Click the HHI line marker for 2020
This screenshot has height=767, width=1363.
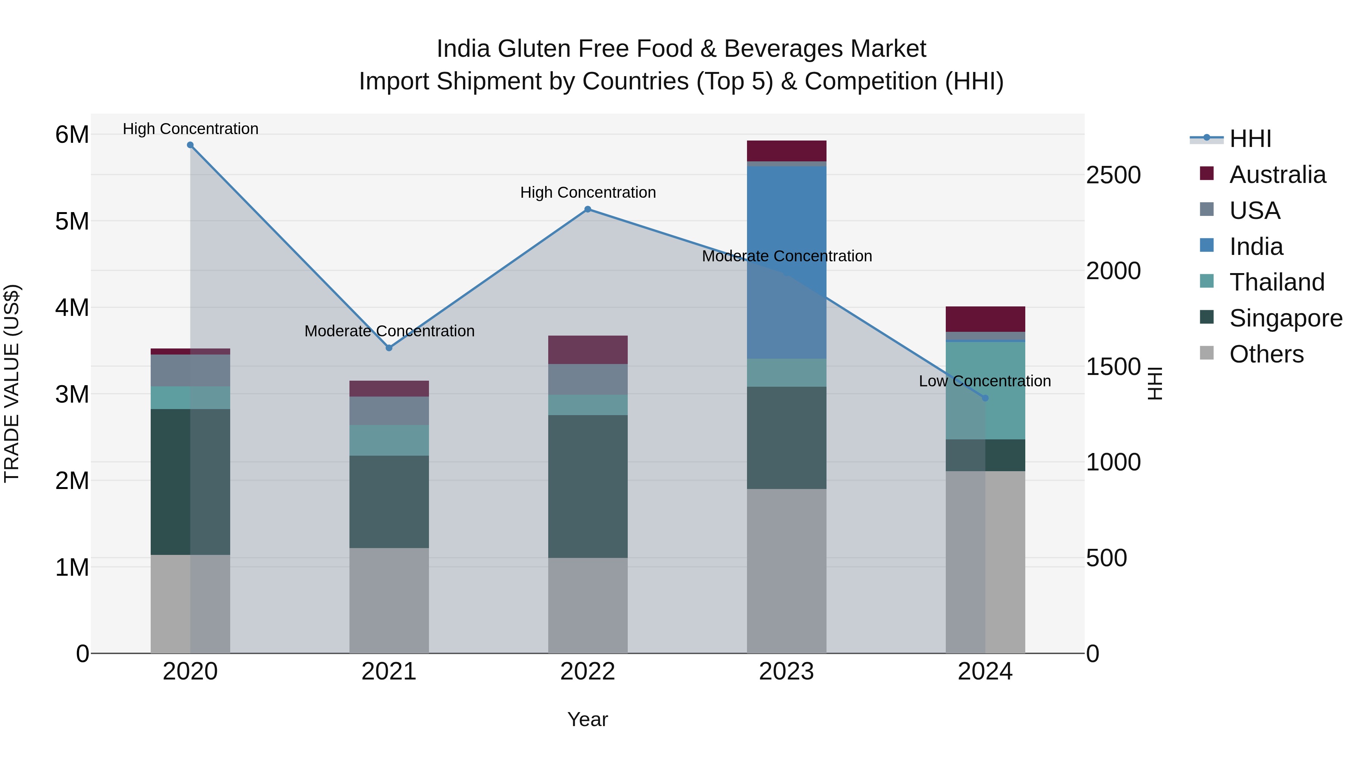(190, 145)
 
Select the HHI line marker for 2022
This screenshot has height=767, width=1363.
(587, 209)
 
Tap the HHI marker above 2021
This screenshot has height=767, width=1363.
(389, 348)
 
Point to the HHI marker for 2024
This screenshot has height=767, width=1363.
(985, 398)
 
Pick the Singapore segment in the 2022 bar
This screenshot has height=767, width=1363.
(587, 486)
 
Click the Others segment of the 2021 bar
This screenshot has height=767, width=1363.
(389, 600)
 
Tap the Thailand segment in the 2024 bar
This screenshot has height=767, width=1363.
(985, 391)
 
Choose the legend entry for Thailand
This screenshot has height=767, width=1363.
(1276, 282)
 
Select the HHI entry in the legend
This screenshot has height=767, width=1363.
(1250, 139)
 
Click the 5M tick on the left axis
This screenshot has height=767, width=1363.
(72, 221)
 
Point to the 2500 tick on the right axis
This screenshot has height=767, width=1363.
(1113, 175)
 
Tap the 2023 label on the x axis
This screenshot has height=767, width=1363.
(786, 672)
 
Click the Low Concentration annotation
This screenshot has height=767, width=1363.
(985, 381)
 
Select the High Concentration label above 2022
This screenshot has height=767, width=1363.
(587, 192)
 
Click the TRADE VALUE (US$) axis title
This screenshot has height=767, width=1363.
(12, 383)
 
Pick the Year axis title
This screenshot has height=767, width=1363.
(587, 719)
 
